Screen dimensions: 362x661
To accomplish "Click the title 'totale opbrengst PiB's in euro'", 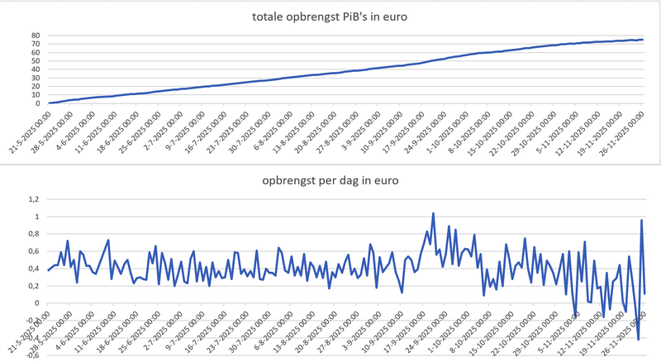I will (x=330, y=17).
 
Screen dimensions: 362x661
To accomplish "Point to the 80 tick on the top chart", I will (x=36, y=36).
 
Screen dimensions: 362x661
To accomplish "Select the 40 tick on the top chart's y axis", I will (x=36, y=69).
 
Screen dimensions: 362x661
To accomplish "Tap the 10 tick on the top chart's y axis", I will (x=36, y=95).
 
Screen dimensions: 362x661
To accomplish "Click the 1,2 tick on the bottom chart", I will (x=34, y=199).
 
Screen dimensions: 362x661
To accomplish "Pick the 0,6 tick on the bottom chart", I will (x=34, y=251).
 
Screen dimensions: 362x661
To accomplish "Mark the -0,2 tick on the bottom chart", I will (x=32, y=320).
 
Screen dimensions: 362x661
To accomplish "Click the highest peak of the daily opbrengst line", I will (x=433, y=213).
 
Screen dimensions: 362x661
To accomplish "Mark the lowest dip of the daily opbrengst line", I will (x=638, y=339).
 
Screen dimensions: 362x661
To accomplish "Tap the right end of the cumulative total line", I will (x=643, y=40).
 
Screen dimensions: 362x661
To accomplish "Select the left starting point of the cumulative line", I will (x=49, y=103).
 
